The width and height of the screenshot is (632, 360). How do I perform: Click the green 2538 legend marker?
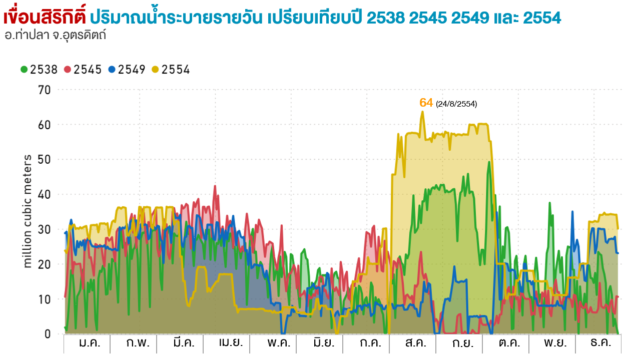click(x=24, y=70)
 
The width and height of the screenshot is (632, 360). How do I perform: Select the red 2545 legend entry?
click(x=83, y=70)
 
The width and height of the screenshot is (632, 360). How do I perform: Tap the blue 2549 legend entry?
click(x=127, y=70)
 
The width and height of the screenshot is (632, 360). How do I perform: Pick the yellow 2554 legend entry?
click(x=171, y=70)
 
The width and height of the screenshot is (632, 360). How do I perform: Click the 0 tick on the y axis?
click(x=48, y=334)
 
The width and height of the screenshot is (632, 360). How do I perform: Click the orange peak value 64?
click(x=426, y=103)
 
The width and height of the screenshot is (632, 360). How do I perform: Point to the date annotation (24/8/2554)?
click(x=456, y=104)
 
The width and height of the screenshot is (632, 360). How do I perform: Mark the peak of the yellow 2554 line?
click(x=422, y=112)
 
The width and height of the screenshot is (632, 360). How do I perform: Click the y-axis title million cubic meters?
click(x=28, y=211)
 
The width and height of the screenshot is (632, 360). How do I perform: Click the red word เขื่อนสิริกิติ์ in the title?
click(x=45, y=18)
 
